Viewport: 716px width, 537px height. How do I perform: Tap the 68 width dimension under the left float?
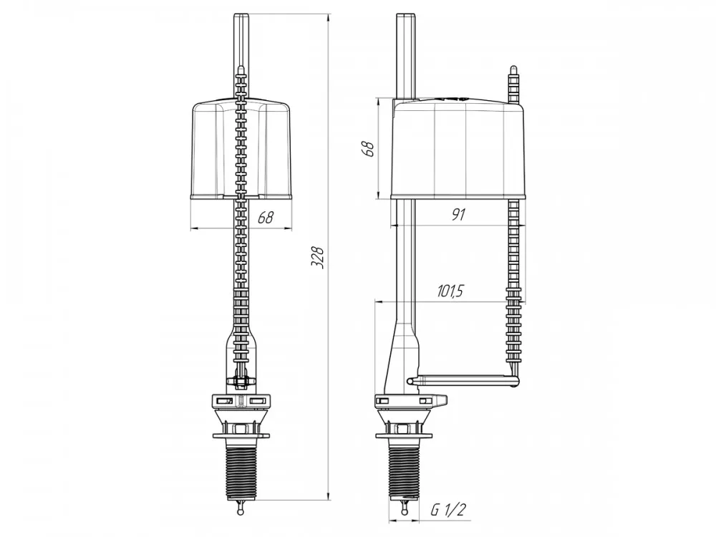[266, 218]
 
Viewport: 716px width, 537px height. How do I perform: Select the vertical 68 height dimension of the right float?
[368, 149]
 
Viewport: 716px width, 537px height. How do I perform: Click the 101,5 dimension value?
[450, 291]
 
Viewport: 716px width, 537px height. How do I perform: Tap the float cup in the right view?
[458, 149]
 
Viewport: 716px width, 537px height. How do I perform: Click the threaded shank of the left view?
[241, 467]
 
